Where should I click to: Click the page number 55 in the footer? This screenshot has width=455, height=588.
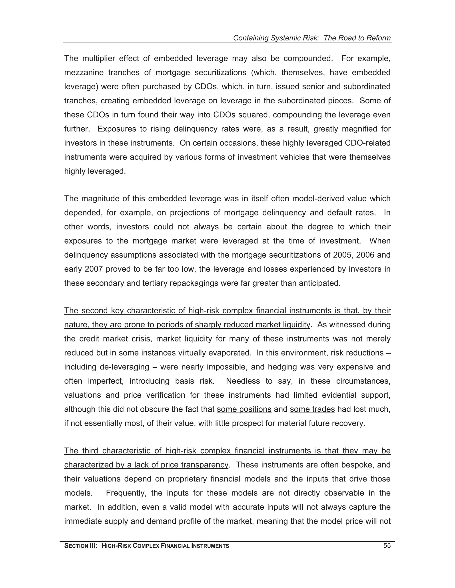point(387,546)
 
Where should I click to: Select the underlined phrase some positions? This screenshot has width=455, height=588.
point(244,409)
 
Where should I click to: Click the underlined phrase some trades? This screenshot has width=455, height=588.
point(312,409)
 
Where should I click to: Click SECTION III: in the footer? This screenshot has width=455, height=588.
point(81,546)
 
